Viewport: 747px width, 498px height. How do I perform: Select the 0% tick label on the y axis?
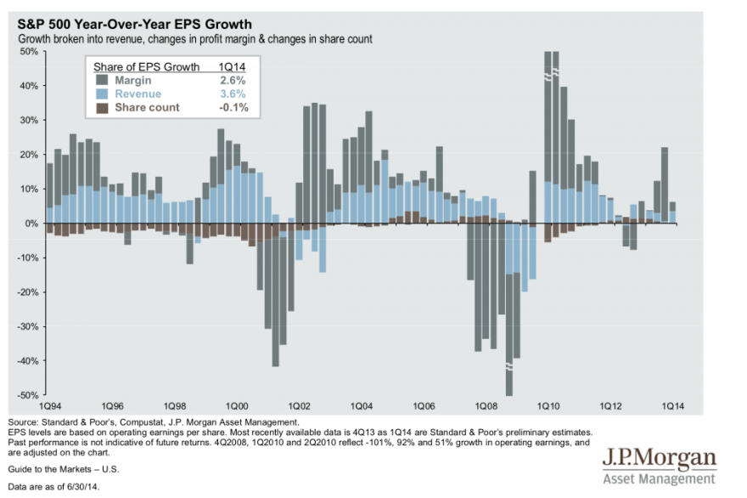pyautogui.click(x=31, y=224)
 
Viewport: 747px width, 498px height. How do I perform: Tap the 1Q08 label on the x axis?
pyautogui.click(x=487, y=407)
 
